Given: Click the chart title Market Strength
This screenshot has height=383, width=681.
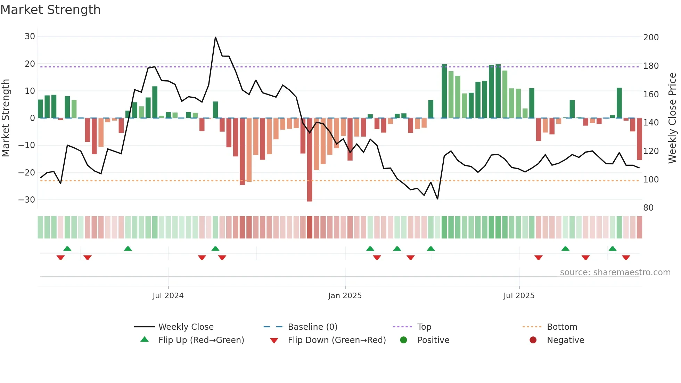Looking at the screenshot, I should tap(50, 10).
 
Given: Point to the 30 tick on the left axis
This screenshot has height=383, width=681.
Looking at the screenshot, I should tap(30, 36).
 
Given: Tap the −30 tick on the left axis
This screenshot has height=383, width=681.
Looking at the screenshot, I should tap(27, 200).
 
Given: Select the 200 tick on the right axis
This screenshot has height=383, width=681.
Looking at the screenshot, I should tap(651, 37).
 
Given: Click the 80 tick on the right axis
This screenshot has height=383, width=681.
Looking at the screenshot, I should tap(648, 208).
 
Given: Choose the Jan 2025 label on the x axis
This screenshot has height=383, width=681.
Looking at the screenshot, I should tap(345, 296).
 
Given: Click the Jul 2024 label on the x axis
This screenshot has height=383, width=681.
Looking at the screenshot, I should tap(168, 296).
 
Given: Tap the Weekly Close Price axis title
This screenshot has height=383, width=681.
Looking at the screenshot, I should tap(672, 118).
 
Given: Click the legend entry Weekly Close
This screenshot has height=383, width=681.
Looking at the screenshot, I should tap(186, 327).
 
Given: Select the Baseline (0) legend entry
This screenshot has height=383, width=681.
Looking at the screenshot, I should tap(312, 327).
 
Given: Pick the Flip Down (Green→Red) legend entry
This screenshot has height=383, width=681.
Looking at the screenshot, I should tap(336, 340).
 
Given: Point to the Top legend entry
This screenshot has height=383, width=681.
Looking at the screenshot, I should tap(424, 327).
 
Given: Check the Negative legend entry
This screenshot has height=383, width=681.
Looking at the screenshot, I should tap(565, 340).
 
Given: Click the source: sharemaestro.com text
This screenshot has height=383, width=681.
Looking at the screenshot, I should tap(615, 272).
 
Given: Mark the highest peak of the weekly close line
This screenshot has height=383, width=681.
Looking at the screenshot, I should tap(215, 37).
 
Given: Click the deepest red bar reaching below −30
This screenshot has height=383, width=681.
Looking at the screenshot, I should tap(310, 160).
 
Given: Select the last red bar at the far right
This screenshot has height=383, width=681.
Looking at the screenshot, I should tap(639, 139).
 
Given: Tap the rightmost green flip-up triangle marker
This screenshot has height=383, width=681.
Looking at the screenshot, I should tap(613, 249).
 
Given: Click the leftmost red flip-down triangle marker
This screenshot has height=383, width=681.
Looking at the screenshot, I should tap(60, 258).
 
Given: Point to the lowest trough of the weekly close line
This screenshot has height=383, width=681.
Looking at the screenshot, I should tap(437, 199).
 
